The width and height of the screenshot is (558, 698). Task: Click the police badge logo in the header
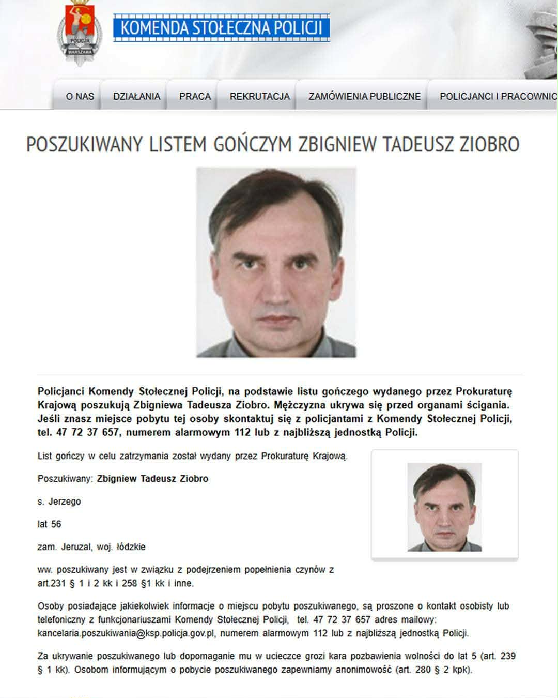(79, 32)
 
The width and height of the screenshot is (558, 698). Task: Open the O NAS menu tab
(80, 96)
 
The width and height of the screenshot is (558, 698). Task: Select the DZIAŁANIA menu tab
(136, 96)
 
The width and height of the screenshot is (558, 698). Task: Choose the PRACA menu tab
(195, 96)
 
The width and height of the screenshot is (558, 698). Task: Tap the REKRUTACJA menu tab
(259, 96)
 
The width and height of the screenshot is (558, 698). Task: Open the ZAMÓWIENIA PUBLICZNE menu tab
(364, 96)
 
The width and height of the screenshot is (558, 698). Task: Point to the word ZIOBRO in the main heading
(489, 145)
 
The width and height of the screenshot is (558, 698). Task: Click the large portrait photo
(276, 262)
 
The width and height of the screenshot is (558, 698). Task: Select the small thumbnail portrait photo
(444, 507)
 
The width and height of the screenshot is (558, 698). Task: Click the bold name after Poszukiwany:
(152, 479)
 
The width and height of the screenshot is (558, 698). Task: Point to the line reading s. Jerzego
(59, 502)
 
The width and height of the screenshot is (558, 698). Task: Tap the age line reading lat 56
(50, 524)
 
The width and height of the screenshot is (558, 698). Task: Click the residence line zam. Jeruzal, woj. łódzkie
(91, 547)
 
